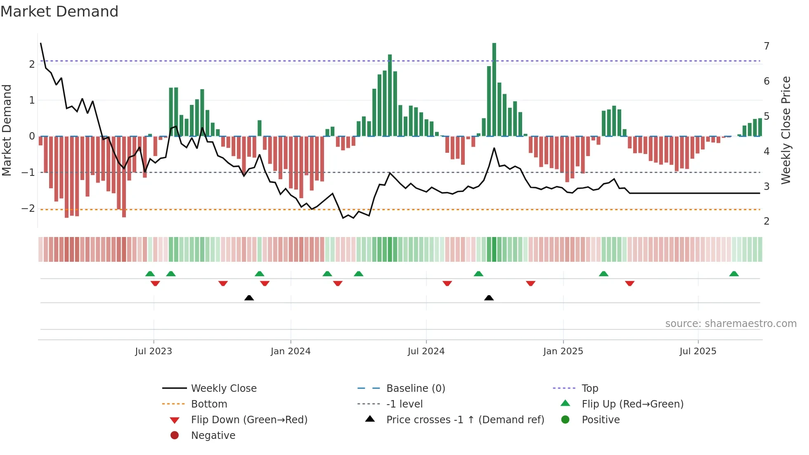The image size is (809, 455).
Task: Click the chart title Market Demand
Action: [x=59, y=12]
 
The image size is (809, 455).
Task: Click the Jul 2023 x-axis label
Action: [x=154, y=351]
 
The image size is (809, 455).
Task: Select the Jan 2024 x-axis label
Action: [x=291, y=351]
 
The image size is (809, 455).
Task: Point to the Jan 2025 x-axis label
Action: [x=563, y=351]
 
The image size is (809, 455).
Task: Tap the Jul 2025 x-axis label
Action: [x=698, y=351]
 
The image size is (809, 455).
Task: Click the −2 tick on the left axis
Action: [x=28, y=209]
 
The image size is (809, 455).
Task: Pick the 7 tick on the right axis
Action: [x=766, y=46]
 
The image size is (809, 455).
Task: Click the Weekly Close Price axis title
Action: [x=786, y=130]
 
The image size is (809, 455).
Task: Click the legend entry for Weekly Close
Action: [x=223, y=389]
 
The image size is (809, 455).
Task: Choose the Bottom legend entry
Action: [x=209, y=404]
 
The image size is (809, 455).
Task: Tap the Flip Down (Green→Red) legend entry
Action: [x=249, y=420]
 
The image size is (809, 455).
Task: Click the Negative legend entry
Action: [x=213, y=436]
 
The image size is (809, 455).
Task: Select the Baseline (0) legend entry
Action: [x=415, y=389]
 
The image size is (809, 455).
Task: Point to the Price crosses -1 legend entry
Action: [x=465, y=420]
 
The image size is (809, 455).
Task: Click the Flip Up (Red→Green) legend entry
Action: [x=632, y=404]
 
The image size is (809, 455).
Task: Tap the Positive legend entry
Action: [x=601, y=420]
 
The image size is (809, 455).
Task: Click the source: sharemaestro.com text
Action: [x=731, y=324]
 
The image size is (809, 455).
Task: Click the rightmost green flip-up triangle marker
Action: [x=734, y=274]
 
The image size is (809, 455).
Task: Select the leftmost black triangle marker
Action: [x=249, y=298]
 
